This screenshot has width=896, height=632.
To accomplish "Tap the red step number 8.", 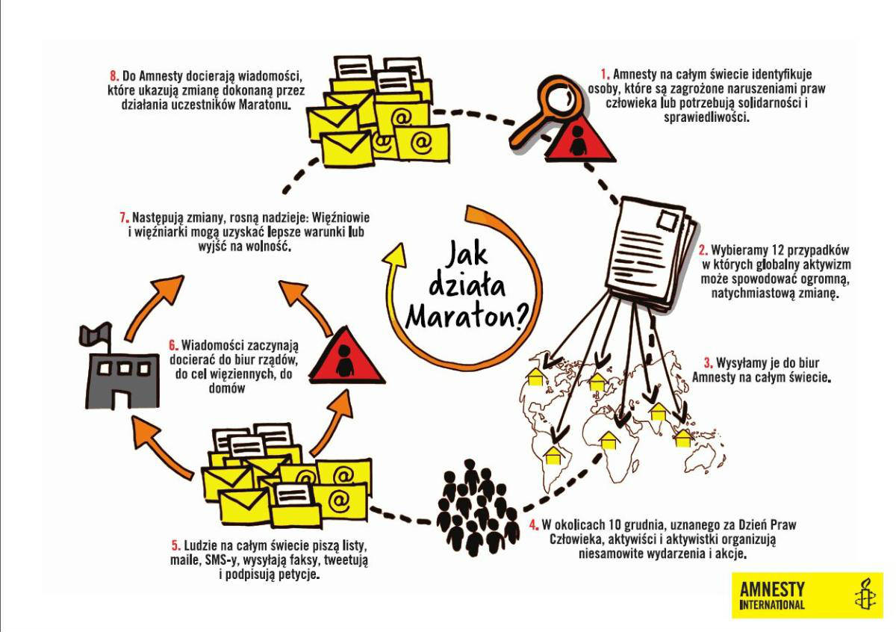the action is (114, 75).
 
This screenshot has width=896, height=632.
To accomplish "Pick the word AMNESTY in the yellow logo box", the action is (772, 589).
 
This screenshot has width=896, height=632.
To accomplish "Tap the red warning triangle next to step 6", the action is (346, 356).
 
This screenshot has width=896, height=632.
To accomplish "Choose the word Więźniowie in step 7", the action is (340, 218).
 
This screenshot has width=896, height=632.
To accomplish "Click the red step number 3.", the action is (709, 363).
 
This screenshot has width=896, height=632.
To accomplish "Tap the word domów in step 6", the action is (227, 388).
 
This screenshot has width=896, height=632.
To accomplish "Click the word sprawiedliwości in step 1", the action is (706, 117).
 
